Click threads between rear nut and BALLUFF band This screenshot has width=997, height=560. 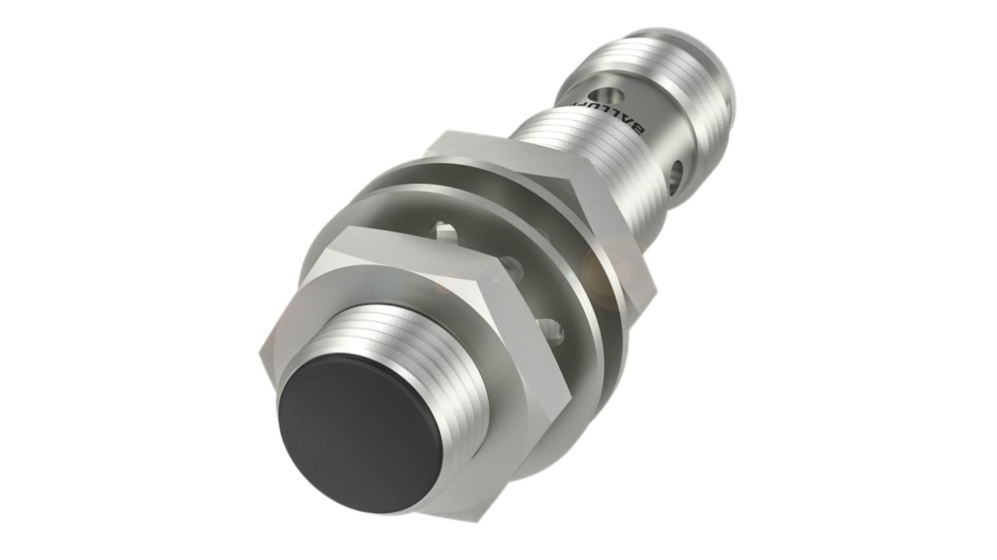[x=562, y=133]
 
